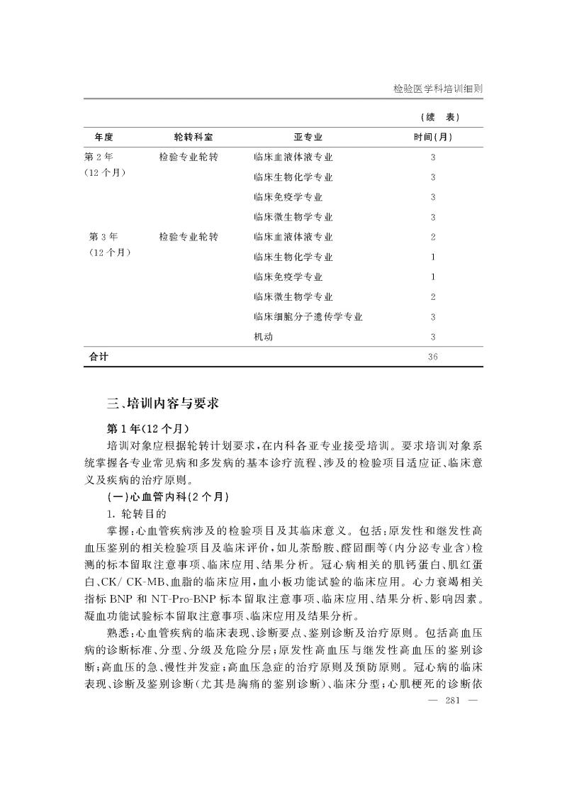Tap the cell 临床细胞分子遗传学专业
tap(308, 317)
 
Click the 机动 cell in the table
tap(263, 337)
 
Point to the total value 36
tap(432, 357)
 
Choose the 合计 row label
tap(99, 357)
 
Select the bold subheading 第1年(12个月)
tap(149, 429)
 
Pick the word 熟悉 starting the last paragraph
tap(116, 631)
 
